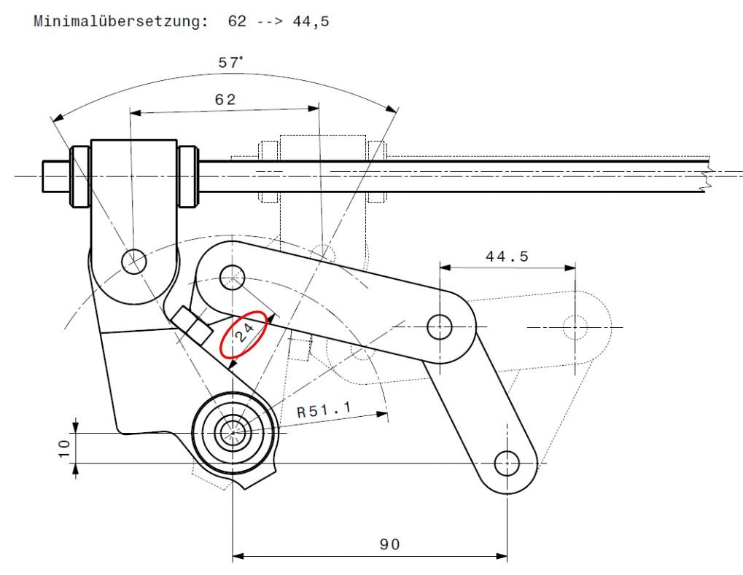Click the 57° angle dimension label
(231, 63)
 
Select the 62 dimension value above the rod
(225, 100)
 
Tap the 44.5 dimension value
(507, 256)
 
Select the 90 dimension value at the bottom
(390, 544)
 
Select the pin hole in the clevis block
(134, 261)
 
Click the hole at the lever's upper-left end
(231, 275)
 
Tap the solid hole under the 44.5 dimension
(440, 327)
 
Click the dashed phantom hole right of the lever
(575, 327)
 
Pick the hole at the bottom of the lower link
(507, 462)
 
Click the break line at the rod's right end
(705, 176)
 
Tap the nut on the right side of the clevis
(188, 176)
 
